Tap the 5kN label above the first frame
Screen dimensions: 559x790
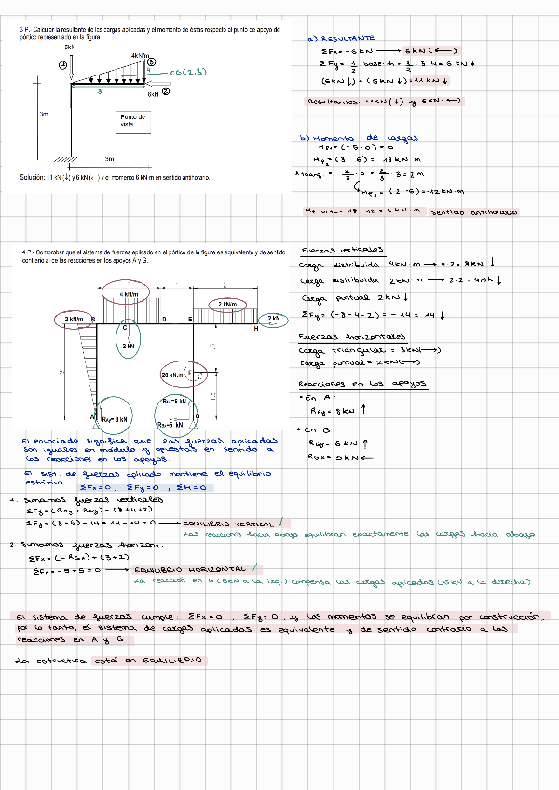click(x=71, y=46)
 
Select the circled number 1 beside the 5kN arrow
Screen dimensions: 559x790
click(x=63, y=63)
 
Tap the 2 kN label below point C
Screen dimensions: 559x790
click(x=129, y=346)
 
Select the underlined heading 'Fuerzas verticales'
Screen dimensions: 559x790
click(x=329, y=250)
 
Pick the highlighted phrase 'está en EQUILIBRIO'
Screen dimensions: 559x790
click(x=158, y=660)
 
